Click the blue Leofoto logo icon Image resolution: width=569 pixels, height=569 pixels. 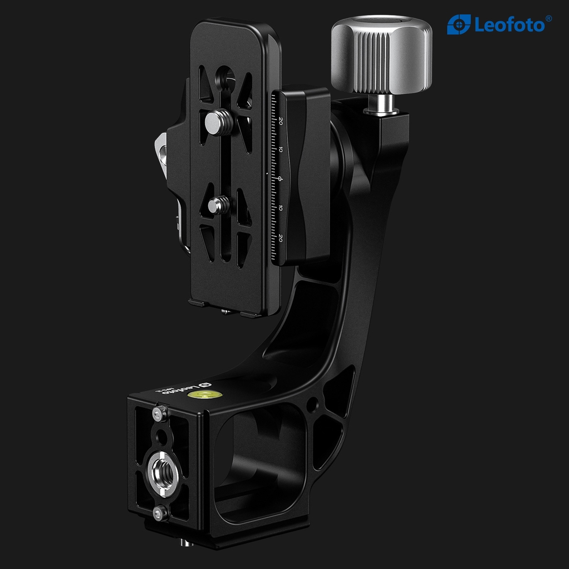tap(459, 24)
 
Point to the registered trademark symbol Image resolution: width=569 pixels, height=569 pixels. tap(549, 18)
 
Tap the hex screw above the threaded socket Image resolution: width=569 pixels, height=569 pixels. tap(160, 413)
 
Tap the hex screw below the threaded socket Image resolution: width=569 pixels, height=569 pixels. tap(161, 513)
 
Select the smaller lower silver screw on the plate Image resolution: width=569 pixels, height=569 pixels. tap(218, 205)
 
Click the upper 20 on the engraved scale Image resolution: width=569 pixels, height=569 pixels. tap(281, 121)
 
